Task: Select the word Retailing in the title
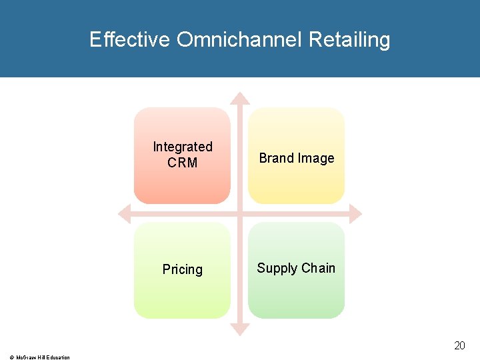tap(349, 41)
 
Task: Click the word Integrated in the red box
tap(183, 147)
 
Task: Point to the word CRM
tap(183, 163)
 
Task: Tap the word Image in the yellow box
tap(317, 158)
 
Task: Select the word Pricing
tap(183, 269)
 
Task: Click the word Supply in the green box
tap(276, 269)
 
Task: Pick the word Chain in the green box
tap(318, 268)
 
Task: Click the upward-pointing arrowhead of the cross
tap(239, 98)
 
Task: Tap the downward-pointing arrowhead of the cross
tap(239, 329)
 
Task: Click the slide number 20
tap(459, 345)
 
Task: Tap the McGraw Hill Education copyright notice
tap(39, 357)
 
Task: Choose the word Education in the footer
tap(58, 357)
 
